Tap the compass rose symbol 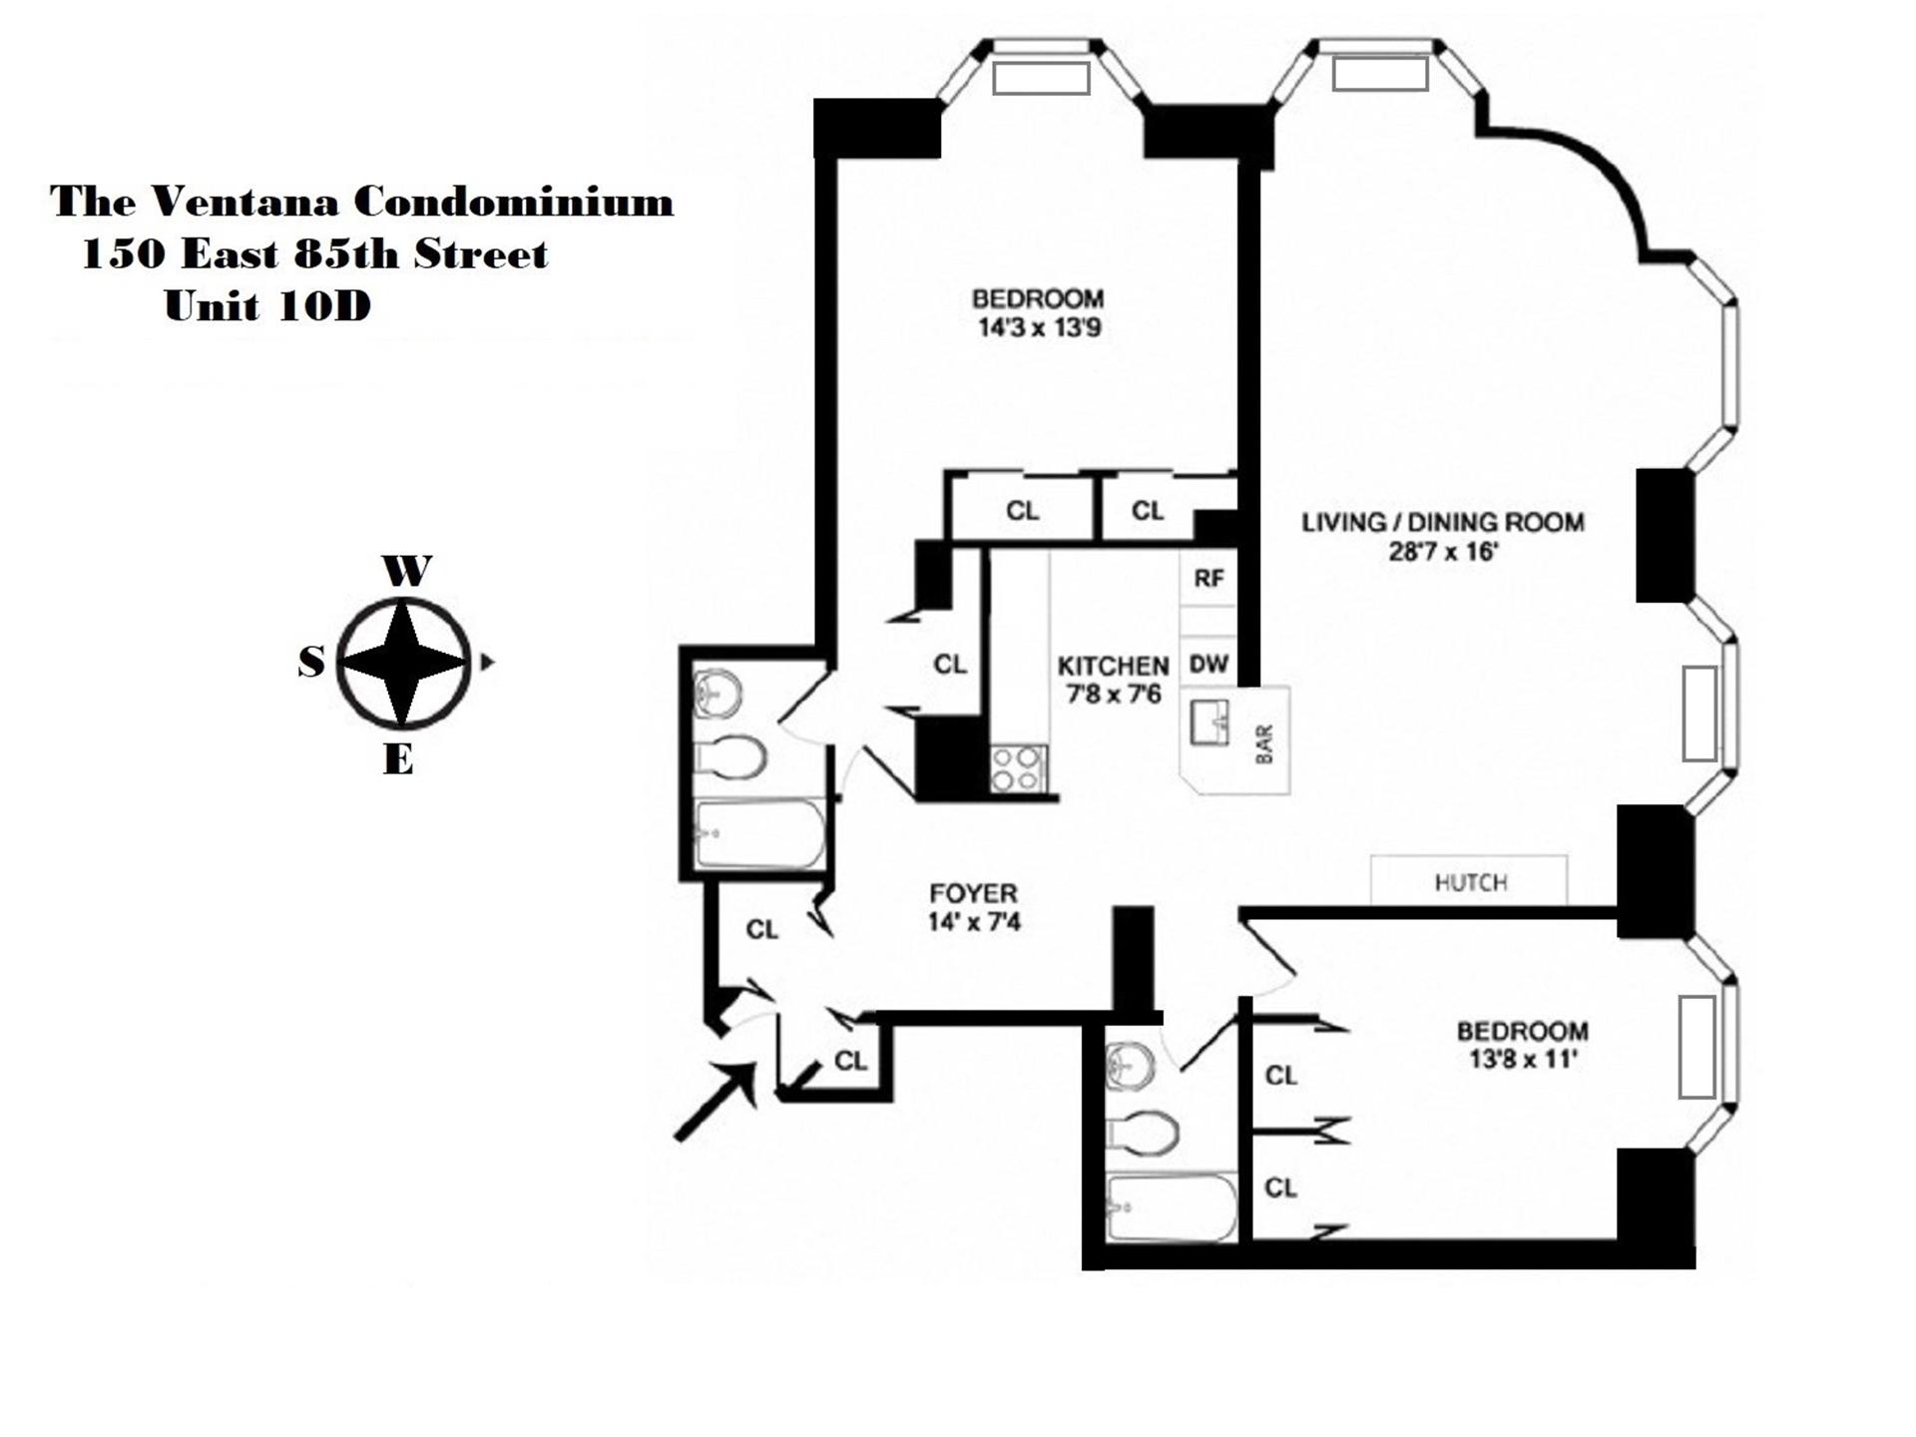pos(402,662)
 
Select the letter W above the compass pos(406,572)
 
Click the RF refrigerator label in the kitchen pos(1208,579)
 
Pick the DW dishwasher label pos(1208,664)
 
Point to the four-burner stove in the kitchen pos(1017,768)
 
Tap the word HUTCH pos(1470,882)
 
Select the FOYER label pos(973,893)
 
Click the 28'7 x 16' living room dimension pos(1443,552)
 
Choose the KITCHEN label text pos(1113,666)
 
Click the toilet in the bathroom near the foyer pos(731,758)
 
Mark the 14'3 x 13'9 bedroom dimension pos(1039,327)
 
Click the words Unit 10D pos(267,306)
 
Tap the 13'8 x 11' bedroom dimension pos(1522,1059)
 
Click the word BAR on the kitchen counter pos(1264,744)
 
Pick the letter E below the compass pos(398,761)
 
